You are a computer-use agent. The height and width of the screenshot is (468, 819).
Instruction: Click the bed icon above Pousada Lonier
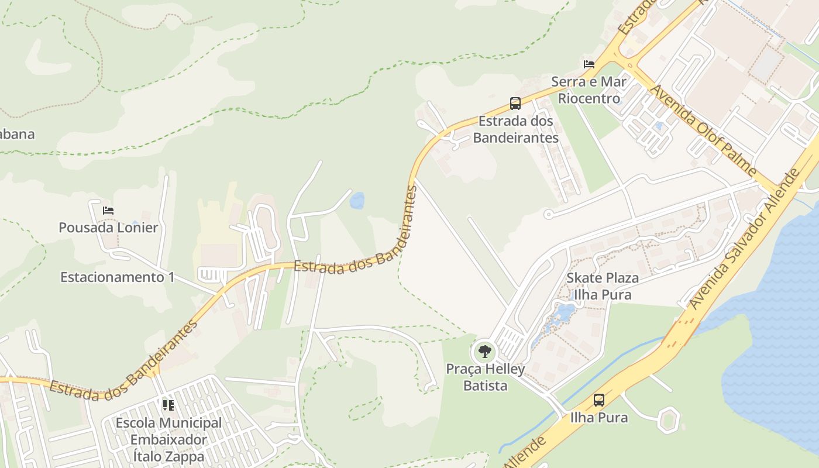click(x=108, y=211)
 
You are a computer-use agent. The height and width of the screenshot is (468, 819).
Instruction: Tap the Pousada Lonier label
click(x=108, y=228)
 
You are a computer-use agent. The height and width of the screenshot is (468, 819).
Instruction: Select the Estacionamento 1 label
click(x=118, y=277)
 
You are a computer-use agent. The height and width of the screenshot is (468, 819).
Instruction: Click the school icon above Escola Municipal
click(x=168, y=405)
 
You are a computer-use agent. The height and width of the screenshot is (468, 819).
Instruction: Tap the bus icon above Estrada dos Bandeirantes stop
click(x=515, y=104)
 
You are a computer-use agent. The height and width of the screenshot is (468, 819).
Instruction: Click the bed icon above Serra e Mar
click(x=589, y=64)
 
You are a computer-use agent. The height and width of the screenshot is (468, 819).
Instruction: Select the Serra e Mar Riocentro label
click(x=589, y=90)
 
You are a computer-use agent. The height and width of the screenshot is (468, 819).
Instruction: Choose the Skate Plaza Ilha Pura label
click(x=602, y=286)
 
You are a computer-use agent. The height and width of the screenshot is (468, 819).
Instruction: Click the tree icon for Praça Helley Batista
click(x=484, y=352)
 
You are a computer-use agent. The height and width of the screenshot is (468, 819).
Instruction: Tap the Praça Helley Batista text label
click(x=485, y=377)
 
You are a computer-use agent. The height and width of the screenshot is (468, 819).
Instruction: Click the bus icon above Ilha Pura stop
click(x=598, y=400)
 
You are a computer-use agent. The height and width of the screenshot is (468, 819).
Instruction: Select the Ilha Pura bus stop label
click(x=591, y=418)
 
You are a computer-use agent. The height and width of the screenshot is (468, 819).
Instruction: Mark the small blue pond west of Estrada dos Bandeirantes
click(x=356, y=201)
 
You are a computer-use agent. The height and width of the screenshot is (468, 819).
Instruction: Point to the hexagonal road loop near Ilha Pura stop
click(x=667, y=419)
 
